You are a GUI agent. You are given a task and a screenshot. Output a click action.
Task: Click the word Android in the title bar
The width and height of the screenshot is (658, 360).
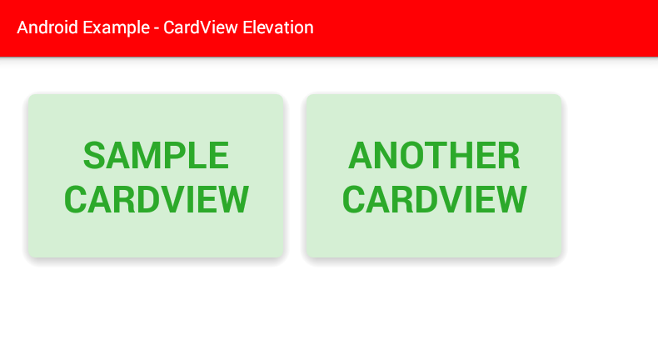[47, 27]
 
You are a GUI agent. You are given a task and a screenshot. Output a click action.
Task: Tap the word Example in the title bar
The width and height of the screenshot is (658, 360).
[117, 28]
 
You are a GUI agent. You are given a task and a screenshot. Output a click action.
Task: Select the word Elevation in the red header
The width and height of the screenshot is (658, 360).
[278, 27]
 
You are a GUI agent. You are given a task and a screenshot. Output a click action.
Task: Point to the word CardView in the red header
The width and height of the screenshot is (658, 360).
[201, 27]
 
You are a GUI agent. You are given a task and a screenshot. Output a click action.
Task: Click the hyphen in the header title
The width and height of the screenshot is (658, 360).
[157, 29]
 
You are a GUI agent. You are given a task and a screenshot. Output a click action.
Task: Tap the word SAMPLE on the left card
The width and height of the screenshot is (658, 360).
[156, 156]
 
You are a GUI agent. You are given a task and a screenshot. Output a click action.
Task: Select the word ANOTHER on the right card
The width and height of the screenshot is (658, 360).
[434, 156]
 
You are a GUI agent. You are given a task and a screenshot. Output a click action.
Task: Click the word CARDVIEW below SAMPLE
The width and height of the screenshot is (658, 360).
[156, 199]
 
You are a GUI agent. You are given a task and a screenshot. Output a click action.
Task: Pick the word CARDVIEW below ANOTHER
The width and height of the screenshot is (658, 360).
[434, 199]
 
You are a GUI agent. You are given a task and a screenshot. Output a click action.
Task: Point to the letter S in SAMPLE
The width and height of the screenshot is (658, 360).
[94, 156]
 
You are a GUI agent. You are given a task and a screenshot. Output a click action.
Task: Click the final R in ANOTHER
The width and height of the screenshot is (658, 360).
[508, 156]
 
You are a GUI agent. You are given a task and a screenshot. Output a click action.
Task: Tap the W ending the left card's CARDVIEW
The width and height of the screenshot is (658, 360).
[232, 199]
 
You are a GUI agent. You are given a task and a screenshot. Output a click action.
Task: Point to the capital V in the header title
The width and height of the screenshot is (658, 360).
[206, 27]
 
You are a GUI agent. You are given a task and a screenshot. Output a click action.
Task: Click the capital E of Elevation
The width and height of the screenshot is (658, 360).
[248, 27]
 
